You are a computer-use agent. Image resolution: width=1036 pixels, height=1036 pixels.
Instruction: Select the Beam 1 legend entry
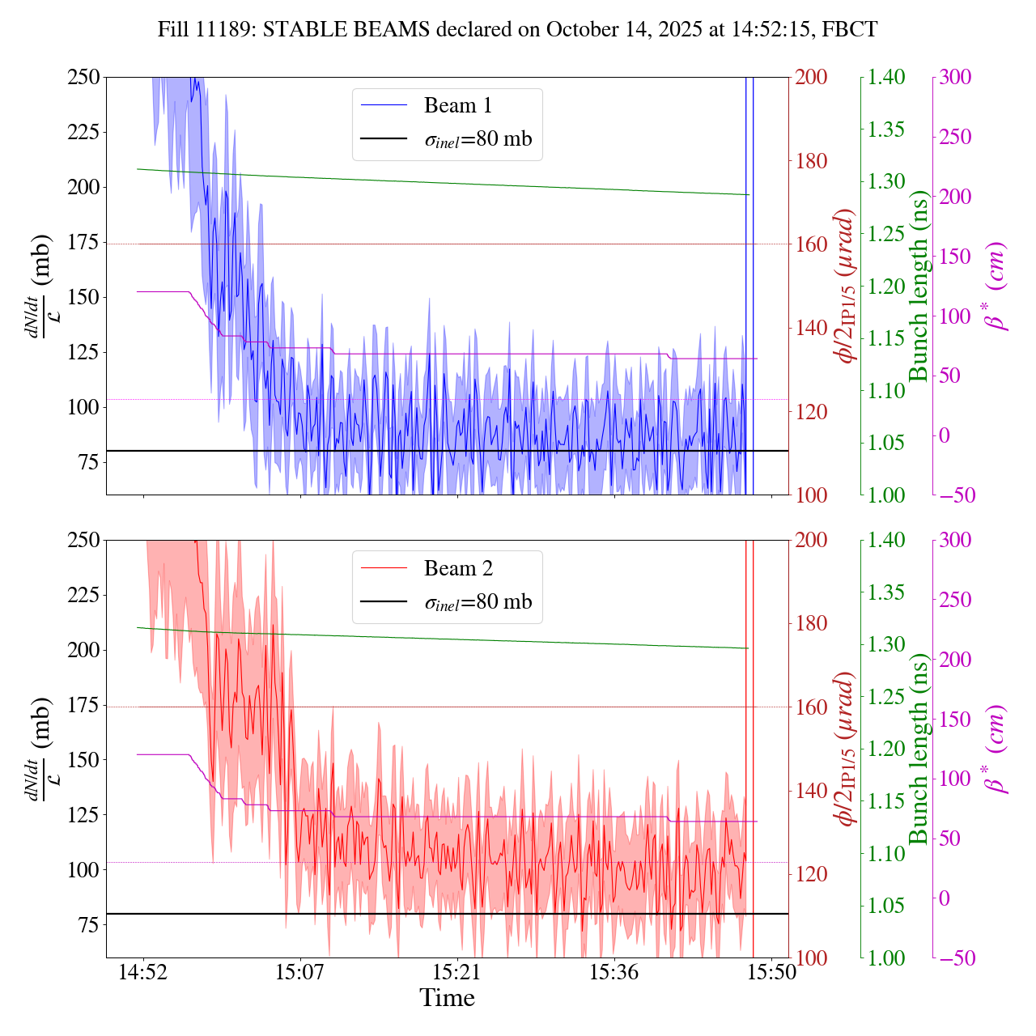457,106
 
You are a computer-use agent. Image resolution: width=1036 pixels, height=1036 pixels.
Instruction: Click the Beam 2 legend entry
457,569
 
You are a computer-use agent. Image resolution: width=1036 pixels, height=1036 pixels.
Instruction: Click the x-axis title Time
447,998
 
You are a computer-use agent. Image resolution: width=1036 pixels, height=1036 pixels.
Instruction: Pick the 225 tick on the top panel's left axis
83,132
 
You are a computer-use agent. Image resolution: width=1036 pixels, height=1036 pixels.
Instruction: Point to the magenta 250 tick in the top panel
955,138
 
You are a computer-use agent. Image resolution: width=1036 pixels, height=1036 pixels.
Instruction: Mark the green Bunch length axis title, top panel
919,286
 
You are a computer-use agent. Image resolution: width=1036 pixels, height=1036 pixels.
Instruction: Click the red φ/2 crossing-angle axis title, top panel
846,286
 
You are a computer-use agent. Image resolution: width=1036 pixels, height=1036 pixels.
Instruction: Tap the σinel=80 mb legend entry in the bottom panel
478,603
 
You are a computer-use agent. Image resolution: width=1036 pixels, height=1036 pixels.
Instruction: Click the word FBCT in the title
849,30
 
